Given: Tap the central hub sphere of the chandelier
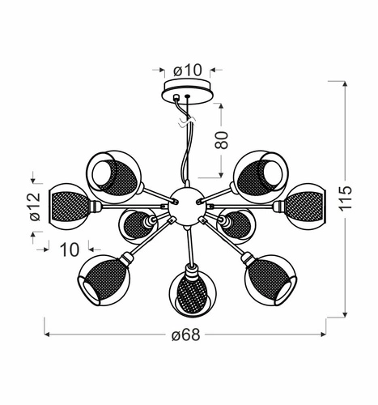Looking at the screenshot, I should point(183,199).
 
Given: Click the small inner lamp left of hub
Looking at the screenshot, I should point(136,225).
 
